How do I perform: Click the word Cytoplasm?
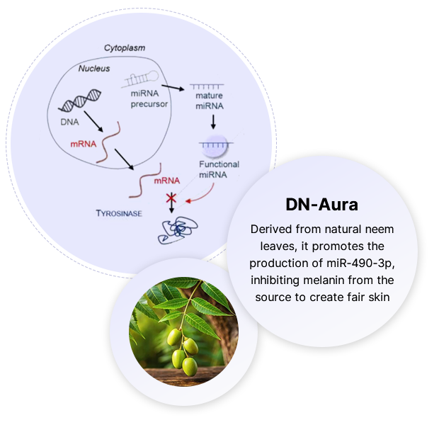(125, 48)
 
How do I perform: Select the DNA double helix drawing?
(78, 103)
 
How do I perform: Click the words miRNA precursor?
(149, 100)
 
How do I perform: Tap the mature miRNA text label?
(210, 101)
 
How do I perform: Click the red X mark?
(171, 197)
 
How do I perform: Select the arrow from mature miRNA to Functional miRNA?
(212, 122)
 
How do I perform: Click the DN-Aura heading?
(321, 205)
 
